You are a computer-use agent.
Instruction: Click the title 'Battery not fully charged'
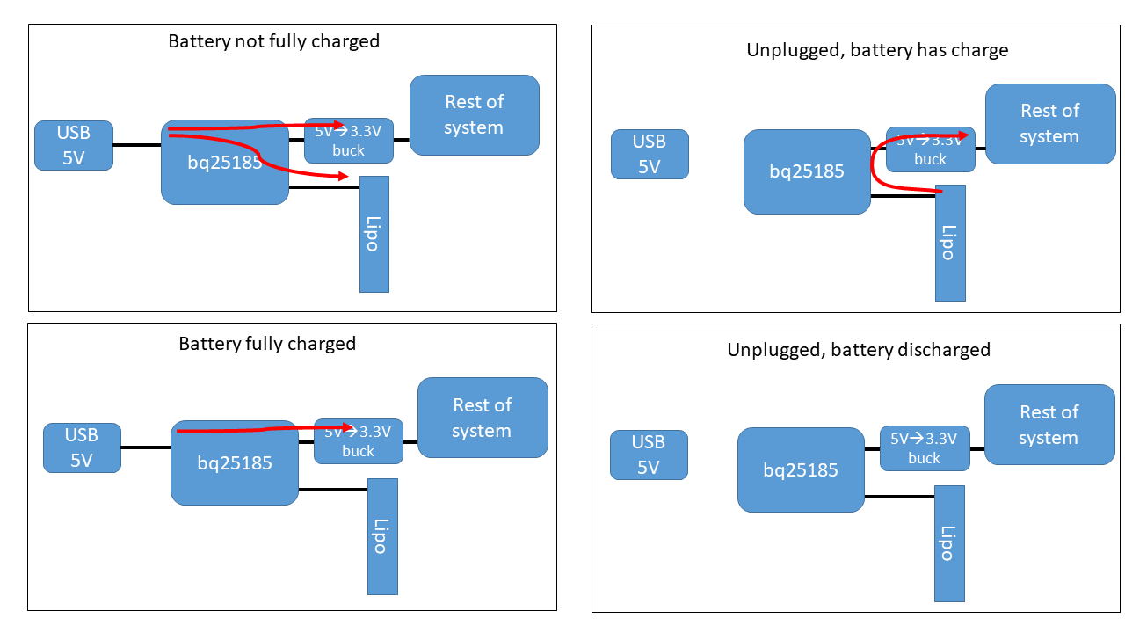click(273, 41)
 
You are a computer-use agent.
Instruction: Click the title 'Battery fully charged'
click(267, 343)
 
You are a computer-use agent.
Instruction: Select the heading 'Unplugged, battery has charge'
click(877, 50)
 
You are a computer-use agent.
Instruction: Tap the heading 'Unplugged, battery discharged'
click(858, 350)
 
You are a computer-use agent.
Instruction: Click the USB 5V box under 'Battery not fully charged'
click(74, 145)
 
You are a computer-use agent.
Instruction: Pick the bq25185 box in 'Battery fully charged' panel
click(235, 462)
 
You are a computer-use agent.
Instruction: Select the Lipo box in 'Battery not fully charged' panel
click(374, 234)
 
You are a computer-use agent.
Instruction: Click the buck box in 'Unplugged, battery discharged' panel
click(924, 448)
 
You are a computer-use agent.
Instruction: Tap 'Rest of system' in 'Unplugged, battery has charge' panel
click(1049, 124)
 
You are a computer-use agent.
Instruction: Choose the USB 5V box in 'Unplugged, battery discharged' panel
click(649, 455)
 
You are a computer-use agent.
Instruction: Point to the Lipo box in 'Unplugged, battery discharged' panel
click(949, 543)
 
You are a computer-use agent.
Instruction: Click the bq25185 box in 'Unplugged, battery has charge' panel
click(807, 171)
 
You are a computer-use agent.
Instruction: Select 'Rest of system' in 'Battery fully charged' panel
click(482, 418)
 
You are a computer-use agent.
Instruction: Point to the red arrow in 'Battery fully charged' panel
click(264, 429)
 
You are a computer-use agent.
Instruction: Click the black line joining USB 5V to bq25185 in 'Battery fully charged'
click(145, 447)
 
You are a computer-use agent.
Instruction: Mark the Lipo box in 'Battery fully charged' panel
click(382, 536)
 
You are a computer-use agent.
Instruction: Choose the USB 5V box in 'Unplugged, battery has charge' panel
click(650, 154)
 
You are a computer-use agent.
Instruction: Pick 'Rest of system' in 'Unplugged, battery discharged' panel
click(1049, 425)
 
